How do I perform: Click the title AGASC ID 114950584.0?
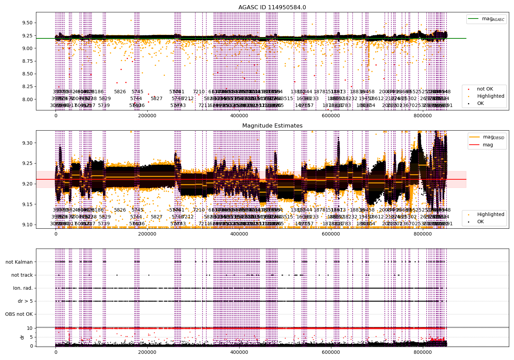[272, 8]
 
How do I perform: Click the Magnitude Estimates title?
[272, 126]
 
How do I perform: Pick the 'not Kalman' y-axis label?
[19, 262]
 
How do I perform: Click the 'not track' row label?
[22, 275]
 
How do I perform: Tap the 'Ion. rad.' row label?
[23, 288]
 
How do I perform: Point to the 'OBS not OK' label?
[19, 314]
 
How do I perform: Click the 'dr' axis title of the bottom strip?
[22, 337]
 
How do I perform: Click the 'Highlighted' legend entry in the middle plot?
[490, 214]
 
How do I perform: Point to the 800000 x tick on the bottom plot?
[423, 352]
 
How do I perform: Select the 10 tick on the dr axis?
[30, 328]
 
